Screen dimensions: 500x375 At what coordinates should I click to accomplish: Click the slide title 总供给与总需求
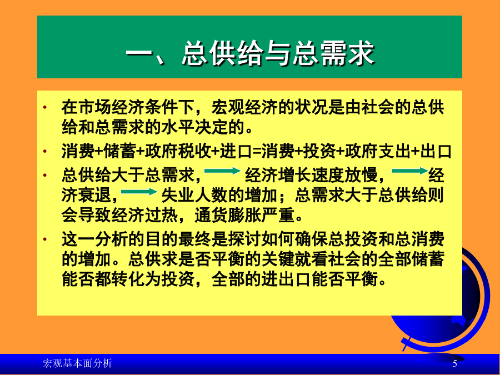[x=278, y=53]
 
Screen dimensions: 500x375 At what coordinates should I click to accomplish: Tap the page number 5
[x=455, y=363]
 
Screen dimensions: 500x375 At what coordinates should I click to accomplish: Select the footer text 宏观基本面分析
[x=77, y=363]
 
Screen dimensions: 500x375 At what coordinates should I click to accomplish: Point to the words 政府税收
[x=178, y=151]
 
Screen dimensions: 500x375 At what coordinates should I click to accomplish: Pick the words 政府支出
[x=378, y=151]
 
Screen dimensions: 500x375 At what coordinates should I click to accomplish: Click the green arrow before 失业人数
[x=139, y=192]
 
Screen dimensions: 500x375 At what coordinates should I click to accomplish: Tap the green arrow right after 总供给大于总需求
[x=222, y=171]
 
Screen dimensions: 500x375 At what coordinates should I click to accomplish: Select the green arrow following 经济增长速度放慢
[x=410, y=171]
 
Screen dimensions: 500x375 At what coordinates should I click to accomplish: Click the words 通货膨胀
[x=228, y=216]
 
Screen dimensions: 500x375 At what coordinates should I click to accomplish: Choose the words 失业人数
[x=194, y=195]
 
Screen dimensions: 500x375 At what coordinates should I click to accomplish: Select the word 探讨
[x=244, y=239]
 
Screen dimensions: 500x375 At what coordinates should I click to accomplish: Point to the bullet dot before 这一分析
[x=45, y=239]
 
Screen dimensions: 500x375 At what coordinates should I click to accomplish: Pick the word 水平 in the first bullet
[x=178, y=127]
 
